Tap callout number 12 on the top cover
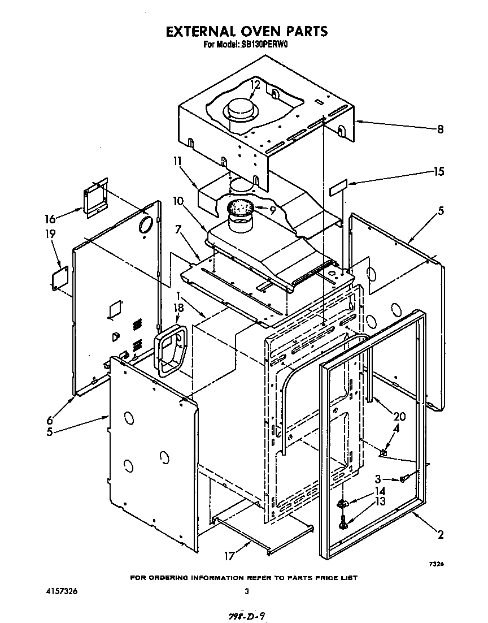pos(255,85)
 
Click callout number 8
pos(439,129)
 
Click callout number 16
pos(50,218)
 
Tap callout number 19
pos(50,233)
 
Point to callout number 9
pos(272,211)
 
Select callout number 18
pos(179,308)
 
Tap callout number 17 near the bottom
pos(229,556)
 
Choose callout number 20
pos(399,417)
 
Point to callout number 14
pos(380,492)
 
